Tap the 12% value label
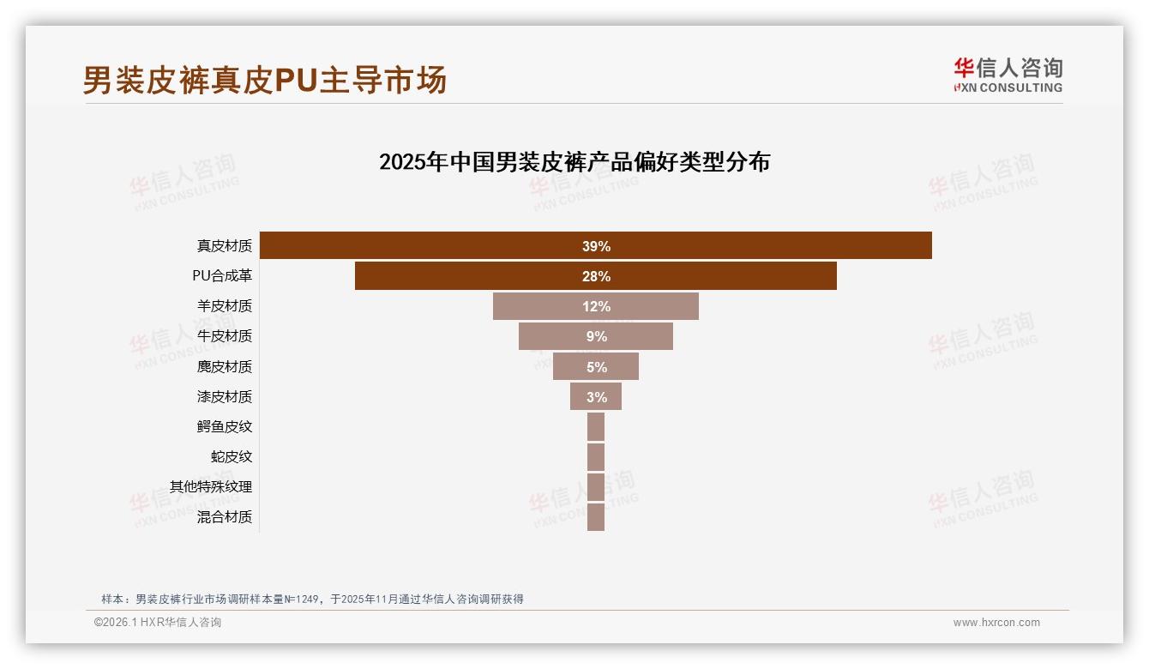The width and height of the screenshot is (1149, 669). (x=596, y=307)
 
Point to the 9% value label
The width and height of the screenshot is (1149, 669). (x=596, y=337)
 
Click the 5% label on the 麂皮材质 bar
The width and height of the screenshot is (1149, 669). (x=596, y=367)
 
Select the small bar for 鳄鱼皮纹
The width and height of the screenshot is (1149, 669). (x=596, y=427)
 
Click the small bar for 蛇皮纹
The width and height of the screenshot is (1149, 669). (x=596, y=457)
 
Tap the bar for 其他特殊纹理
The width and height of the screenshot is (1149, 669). (x=596, y=487)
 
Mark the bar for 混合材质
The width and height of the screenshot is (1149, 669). (x=596, y=517)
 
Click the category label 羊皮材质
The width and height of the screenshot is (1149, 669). (x=225, y=306)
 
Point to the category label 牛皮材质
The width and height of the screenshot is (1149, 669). (x=225, y=336)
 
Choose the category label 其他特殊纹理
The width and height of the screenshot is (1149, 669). (x=211, y=487)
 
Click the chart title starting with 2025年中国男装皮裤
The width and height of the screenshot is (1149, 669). (x=574, y=162)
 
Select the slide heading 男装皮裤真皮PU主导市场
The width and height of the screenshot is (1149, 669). (x=264, y=81)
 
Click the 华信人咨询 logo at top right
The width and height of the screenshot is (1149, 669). (x=1008, y=75)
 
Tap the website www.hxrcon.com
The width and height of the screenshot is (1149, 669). (x=996, y=623)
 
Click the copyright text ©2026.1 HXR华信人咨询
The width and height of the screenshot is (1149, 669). (x=158, y=623)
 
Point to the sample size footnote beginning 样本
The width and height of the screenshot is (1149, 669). (x=312, y=600)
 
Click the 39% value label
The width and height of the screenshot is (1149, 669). (x=596, y=247)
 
